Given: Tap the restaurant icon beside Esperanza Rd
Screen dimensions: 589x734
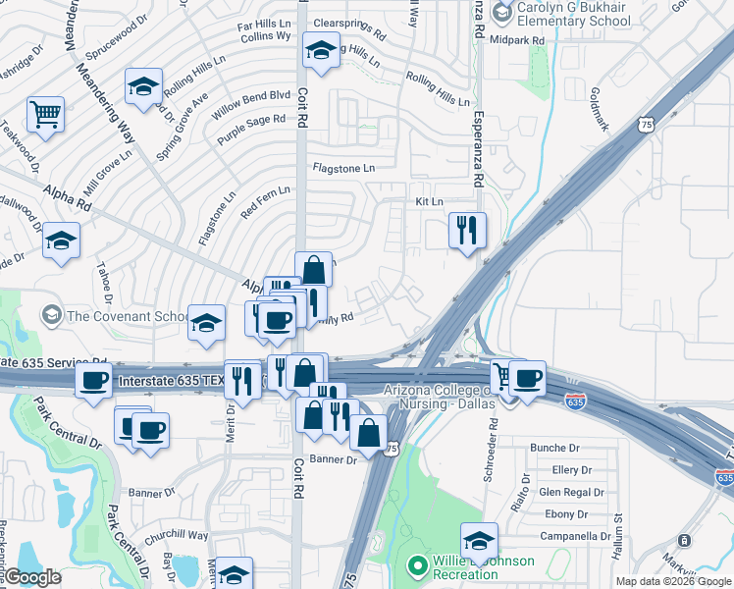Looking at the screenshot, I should pos(467,231).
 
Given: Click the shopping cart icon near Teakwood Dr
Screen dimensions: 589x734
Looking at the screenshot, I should pos(45,115).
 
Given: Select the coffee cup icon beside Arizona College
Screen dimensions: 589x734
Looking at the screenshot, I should pos(527,378).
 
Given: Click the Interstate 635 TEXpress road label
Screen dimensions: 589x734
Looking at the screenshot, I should pos(186,381).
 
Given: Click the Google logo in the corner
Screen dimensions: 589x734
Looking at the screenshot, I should pos(32,577).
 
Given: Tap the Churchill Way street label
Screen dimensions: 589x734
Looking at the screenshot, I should pos(178,536).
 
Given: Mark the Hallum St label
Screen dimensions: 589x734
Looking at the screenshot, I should pos(619,511).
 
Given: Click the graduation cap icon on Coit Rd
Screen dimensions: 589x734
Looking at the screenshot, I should pos(320,50).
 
